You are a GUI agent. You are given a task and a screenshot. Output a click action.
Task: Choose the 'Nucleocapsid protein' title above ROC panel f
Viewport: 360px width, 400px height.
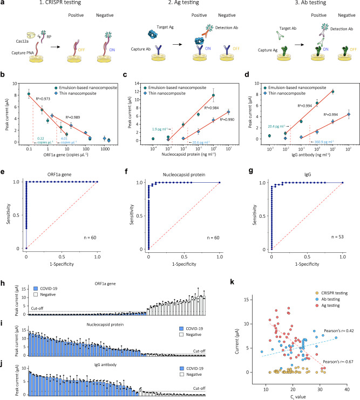[184, 173]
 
